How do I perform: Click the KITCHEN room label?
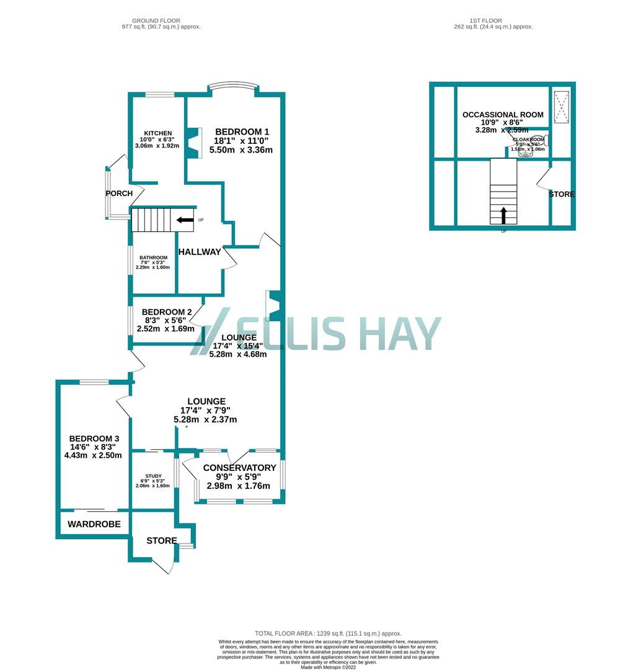pos(157,133)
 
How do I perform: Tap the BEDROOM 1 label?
pos(242,132)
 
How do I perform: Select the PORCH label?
pos(119,194)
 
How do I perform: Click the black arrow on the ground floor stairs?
pos(184,220)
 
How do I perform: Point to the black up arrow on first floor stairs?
pos(503,215)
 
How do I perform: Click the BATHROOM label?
pos(153,258)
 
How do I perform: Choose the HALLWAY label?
pos(200,252)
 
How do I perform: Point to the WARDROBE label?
pos(94,524)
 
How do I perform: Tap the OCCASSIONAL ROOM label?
pos(503,115)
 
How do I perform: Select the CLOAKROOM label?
pos(527,140)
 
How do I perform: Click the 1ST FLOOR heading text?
pos(492,20)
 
